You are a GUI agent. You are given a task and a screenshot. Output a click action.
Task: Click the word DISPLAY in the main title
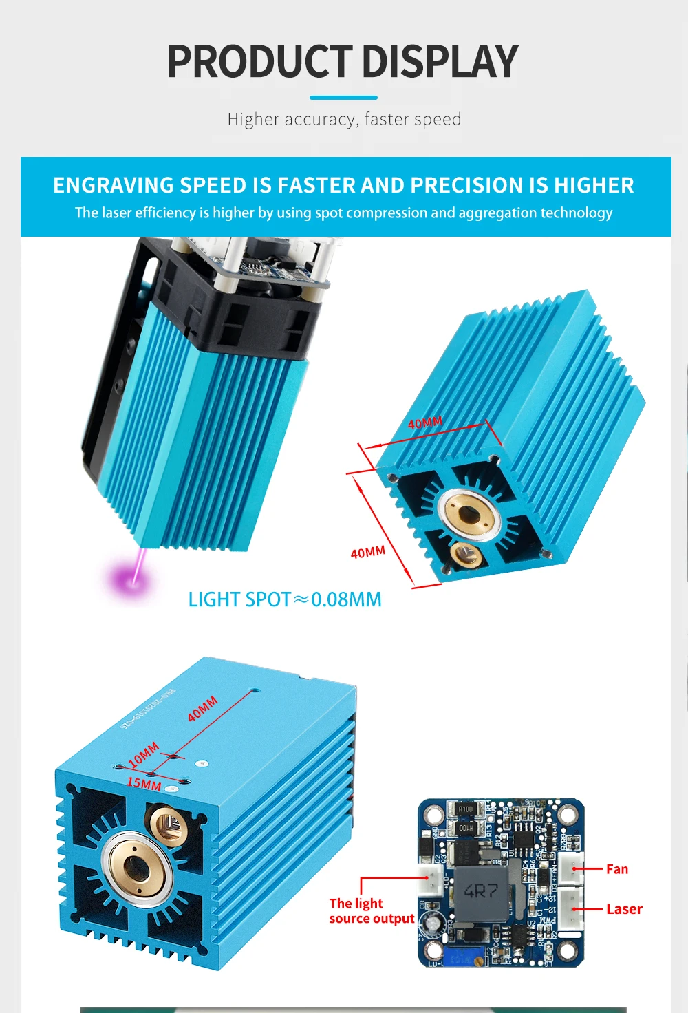click(x=440, y=62)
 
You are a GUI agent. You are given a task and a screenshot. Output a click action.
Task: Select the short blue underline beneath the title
click(x=343, y=98)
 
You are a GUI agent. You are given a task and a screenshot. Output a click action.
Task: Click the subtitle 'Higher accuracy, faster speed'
click(x=344, y=120)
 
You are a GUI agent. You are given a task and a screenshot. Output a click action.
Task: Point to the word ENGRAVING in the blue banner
click(x=114, y=185)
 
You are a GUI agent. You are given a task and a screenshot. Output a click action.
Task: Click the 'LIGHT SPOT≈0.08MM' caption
click(x=285, y=599)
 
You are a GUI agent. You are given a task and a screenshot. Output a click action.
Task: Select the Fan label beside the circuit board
click(x=616, y=869)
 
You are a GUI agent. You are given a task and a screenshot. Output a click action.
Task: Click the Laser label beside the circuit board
click(x=624, y=909)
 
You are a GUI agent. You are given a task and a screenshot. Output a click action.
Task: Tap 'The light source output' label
click(x=371, y=911)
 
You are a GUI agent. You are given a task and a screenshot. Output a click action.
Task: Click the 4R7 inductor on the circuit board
click(x=481, y=891)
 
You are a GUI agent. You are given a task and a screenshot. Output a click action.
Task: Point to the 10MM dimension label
click(x=143, y=755)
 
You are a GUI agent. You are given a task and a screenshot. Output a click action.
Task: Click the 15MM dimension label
click(x=144, y=784)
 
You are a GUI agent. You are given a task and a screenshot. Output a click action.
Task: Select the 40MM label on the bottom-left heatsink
click(x=203, y=709)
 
